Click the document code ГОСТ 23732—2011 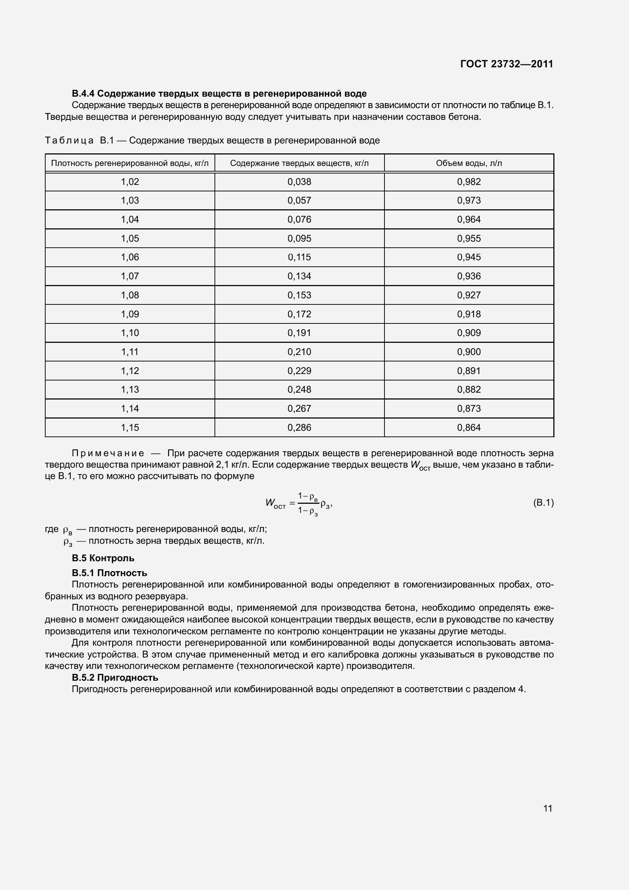click(507, 64)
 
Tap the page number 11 click(547, 808)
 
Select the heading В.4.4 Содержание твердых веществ click(219, 94)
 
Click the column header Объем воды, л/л click(469, 163)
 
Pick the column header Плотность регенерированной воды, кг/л click(130, 163)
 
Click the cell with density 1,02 click(130, 182)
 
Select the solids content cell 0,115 click(299, 257)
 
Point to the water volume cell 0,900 click(469, 352)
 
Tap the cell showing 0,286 click(299, 428)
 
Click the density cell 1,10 click(130, 333)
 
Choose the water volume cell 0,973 click(469, 201)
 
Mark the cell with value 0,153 click(299, 295)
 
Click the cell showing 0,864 click(469, 428)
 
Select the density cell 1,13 click(130, 390)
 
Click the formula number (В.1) click(543, 503)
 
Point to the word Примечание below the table click(108, 453)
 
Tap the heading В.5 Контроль click(103, 558)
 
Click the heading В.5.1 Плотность click(109, 573)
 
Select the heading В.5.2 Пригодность click(114, 678)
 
